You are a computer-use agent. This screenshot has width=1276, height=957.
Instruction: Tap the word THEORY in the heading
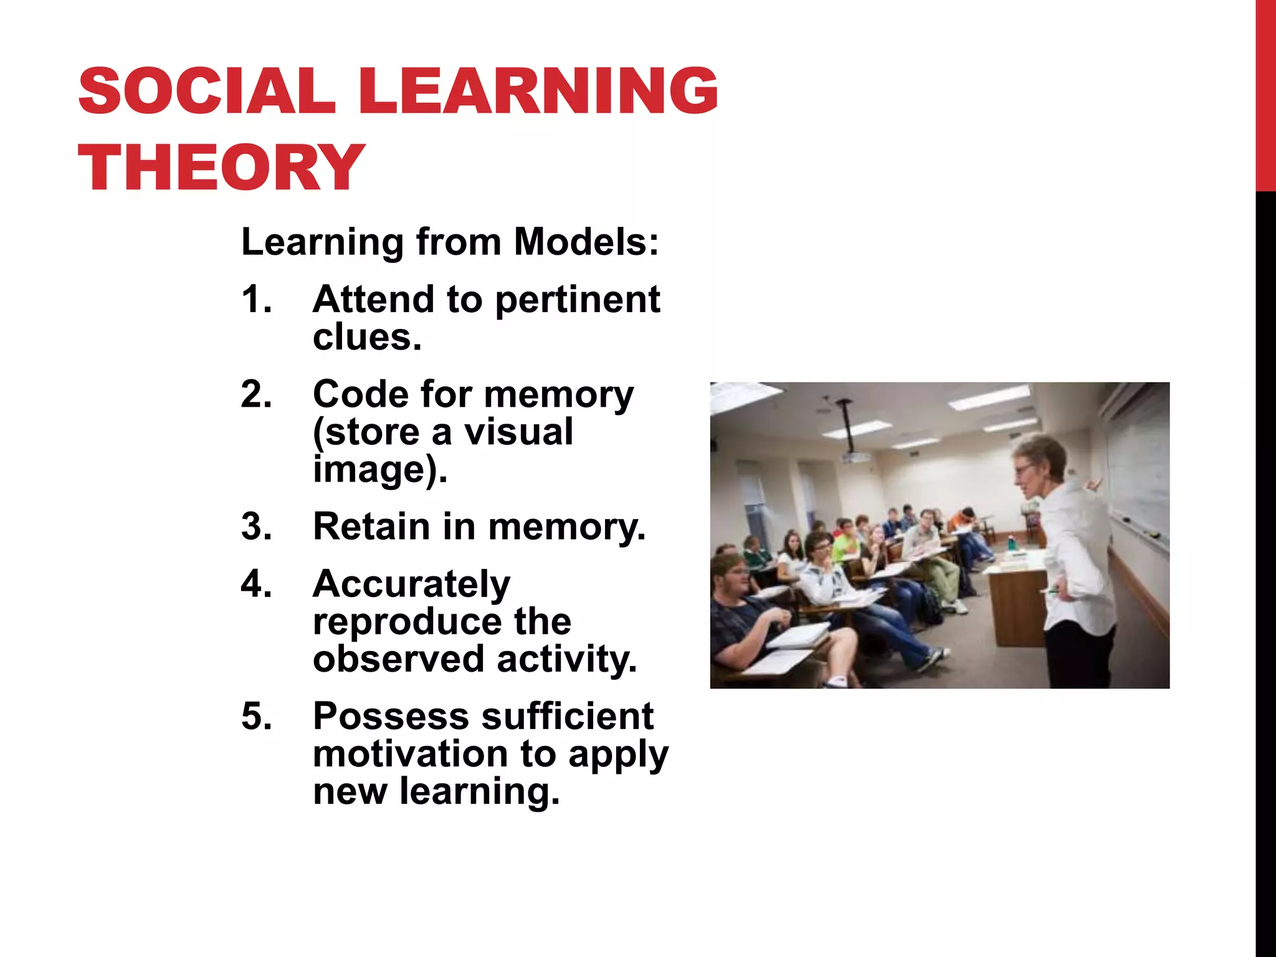[x=221, y=167]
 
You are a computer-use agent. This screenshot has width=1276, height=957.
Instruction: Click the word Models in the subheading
[x=586, y=242]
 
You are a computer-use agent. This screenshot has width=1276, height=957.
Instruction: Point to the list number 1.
[x=256, y=299]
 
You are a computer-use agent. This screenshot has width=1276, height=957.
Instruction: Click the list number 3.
[x=256, y=526]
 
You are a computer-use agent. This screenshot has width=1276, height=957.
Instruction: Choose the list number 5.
[x=256, y=716]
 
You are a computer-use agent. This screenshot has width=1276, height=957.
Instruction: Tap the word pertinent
[x=578, y=300]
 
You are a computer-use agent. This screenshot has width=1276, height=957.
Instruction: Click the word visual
[x=518, y=432]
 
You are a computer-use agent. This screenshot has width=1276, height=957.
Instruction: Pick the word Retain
[x=371, y=526]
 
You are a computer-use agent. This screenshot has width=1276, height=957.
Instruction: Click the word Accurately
[x=411, y=584]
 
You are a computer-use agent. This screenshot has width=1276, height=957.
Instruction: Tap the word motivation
[x=410, y=754]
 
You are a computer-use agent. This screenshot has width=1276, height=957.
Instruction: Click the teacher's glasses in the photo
[x=1024, y=469]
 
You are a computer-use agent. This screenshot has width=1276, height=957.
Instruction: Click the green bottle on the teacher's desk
[x=1011, y=542]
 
